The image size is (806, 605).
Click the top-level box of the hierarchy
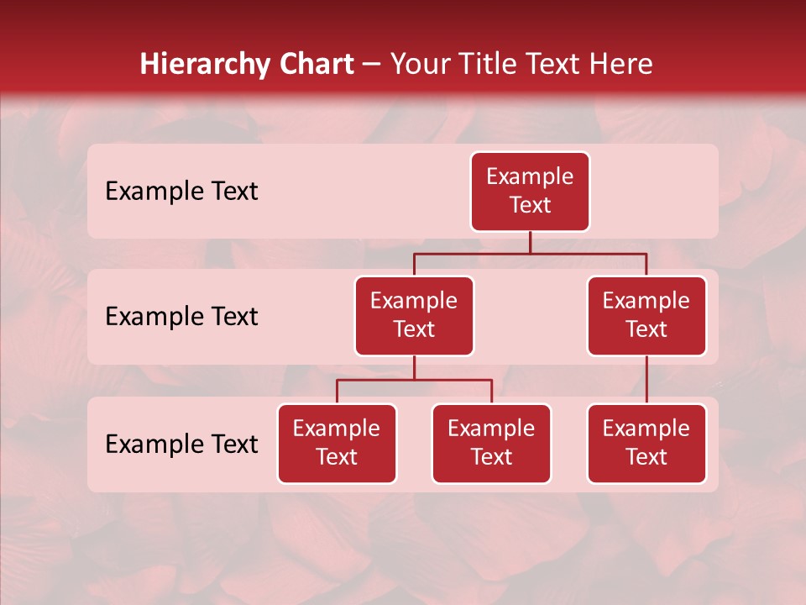tap(530, 191)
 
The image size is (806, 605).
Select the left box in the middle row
tap(414, 315)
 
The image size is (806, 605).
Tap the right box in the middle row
tap(646, 315)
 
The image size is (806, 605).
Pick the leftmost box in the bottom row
tap(337, 443)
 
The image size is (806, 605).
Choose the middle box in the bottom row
tap(491, 443)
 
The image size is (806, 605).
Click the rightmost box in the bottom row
tap(646, 443)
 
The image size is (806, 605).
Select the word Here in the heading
tap(621, 65)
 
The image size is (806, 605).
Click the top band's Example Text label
tap(181, 192)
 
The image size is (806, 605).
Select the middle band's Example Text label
tap(181, 317)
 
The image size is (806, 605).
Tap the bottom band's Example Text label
tap(181, 444)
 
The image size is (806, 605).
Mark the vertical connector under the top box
tap(530, 242)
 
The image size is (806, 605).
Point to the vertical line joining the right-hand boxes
tap(646, 380)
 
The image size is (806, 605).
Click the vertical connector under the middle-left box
tap(414, 368)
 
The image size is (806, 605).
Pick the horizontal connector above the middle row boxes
tap(530, 253)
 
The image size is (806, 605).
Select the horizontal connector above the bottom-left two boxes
tap(414, 380)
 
